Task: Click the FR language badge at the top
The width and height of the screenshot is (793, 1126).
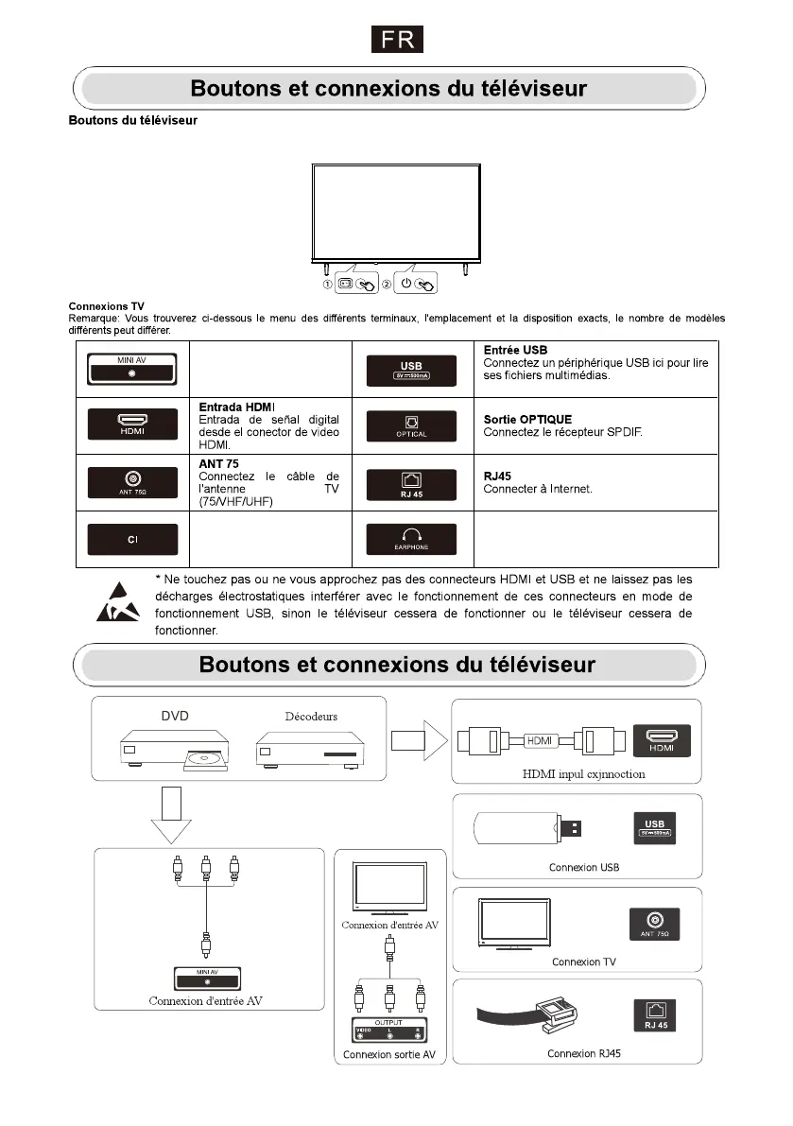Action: coord(395,41)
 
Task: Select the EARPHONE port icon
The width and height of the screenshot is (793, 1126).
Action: coord(411,540)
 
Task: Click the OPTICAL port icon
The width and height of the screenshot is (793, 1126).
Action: coord(411,425)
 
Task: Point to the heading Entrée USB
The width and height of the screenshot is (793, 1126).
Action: coord(515,351)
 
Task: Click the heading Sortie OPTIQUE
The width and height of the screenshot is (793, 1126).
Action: coord(527,419)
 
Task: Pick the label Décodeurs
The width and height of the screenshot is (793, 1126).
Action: coord(311,716)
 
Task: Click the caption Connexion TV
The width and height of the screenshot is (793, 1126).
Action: coord(584,961)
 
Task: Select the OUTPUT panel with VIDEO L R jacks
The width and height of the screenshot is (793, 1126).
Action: coord(388,1031)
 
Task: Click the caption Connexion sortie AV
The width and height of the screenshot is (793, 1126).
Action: coord(388,1054)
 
